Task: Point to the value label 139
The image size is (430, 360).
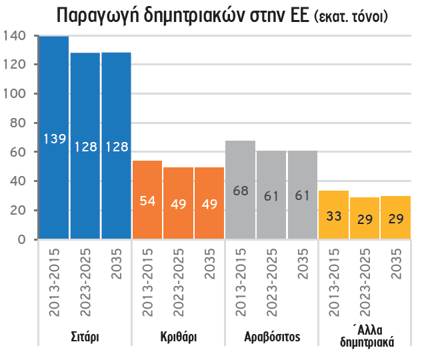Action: pyautogui.click(x=54, y=139)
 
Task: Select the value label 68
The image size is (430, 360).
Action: pyautogui.click(x=240, y=191)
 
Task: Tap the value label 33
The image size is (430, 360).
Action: pyautogui.click(x=333, y=215)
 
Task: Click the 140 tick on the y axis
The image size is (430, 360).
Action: pyautogui.click(x=16, y=35)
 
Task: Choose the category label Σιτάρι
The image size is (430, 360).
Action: pyautogui.click(x=85, y=336)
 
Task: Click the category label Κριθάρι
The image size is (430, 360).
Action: pyautogui.click(x=178, y=336)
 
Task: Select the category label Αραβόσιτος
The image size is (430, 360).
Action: pyautogui.click(x=272, y=336)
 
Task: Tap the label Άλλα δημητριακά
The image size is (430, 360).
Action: pyautogui.click(x=366, y=337)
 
